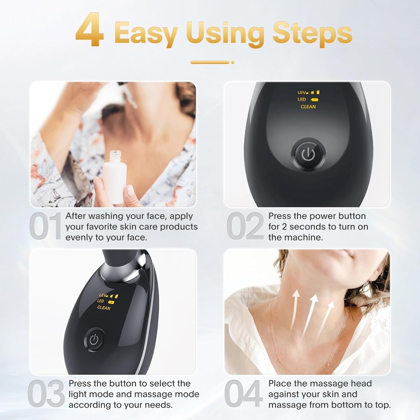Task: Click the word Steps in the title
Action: point(312,34)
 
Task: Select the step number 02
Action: point(245,226)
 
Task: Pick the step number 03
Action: point(46,394)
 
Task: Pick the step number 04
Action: point(243,394)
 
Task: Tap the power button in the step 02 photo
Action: point(308,154)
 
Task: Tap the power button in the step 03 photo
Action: point(94,340)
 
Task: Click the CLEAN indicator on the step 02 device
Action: point(308,107)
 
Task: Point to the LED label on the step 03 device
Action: point(101,301)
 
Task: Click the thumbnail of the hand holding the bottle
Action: point(113,144)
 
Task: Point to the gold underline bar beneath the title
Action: point(210,62)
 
